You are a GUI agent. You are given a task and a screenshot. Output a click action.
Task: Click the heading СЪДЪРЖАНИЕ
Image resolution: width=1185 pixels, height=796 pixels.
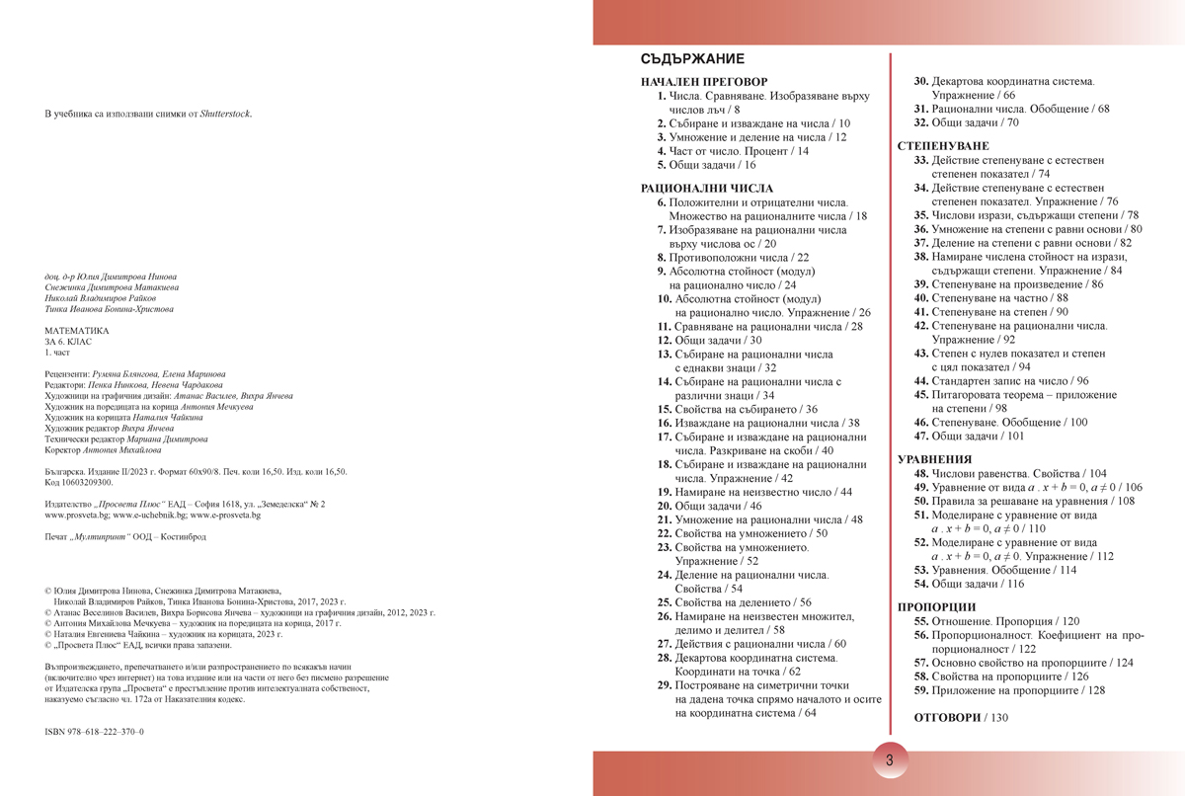click(x=692, y=59)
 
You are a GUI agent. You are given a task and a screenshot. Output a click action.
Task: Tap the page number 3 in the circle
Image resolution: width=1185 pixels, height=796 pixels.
click(x=890, y=761)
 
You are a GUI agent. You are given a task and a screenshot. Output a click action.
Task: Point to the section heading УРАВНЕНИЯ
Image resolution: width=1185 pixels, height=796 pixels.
click(x=934, y=459)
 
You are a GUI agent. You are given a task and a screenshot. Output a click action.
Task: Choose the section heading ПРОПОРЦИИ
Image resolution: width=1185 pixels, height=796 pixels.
click(x=936, y=606)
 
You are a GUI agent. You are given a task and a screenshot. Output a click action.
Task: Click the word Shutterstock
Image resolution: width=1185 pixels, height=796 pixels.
click(x=225, y=114)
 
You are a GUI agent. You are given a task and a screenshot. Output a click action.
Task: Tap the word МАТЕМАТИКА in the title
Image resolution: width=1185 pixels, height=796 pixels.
click(x=77, y=331)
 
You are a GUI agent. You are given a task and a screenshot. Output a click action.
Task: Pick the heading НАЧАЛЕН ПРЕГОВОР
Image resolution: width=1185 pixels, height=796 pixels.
click(x=704, y=82)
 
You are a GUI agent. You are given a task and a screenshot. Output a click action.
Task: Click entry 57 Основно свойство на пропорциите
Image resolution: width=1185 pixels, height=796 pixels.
click(x=1023, y=663)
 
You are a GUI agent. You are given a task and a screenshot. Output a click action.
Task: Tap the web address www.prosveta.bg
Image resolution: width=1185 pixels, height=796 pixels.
click(x=77, y=516)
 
